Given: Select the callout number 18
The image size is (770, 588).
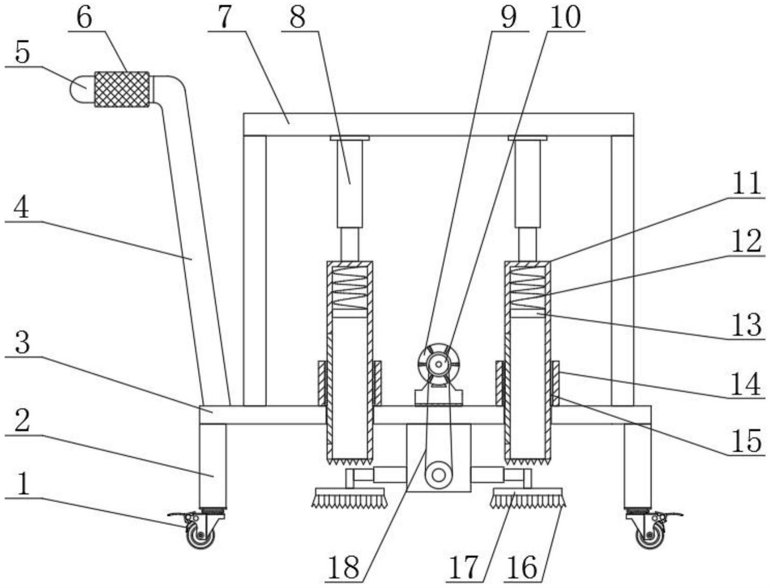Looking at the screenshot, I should [x=343, y=567].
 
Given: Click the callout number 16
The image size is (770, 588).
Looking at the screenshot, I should [x=523, y=567].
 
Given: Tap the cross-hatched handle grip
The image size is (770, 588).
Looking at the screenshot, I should [x=122, y=89].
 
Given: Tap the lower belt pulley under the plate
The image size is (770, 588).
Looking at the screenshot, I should [x=438, y=476].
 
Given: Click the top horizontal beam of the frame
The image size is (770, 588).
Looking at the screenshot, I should [x=438, y=124].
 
